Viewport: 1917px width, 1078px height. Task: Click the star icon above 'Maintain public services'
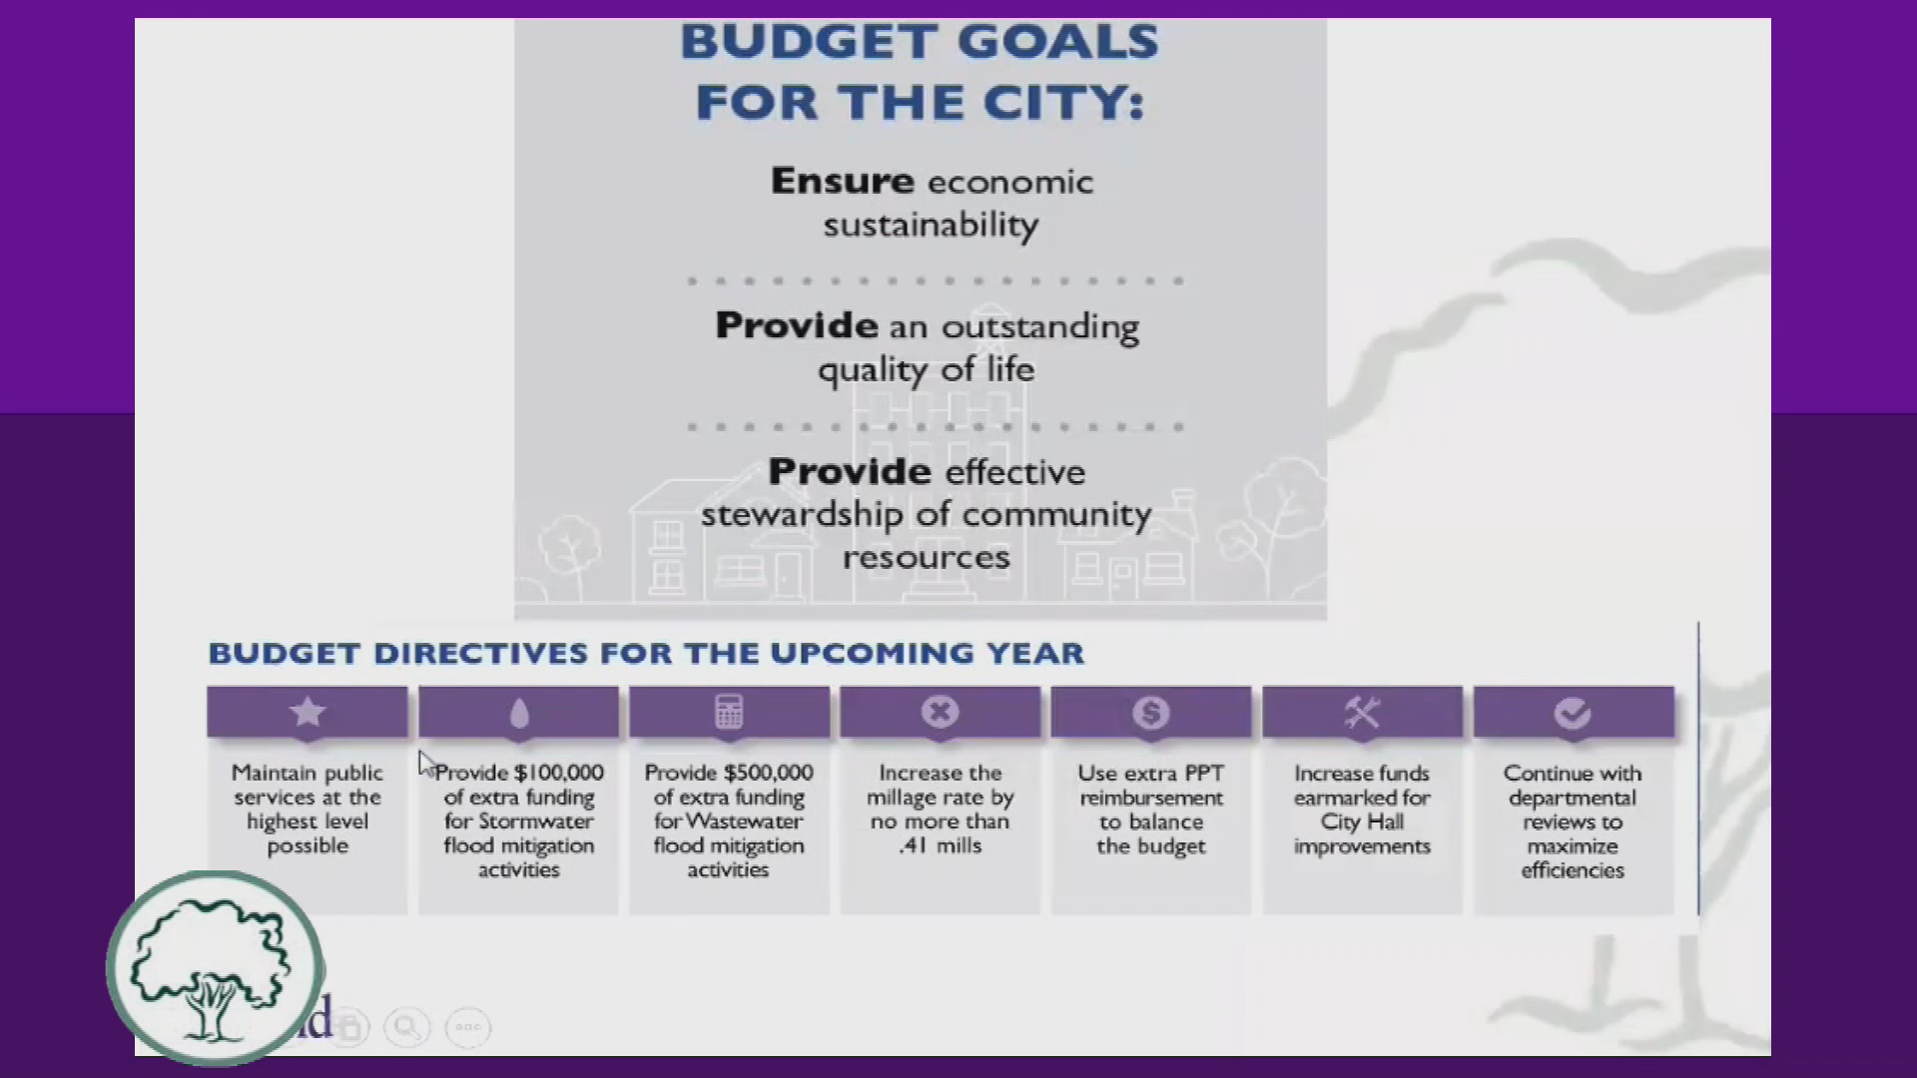[x=308, y=712]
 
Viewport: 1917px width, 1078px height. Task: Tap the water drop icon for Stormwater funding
[x=519, y=713]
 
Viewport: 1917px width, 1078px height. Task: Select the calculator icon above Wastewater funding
[x=729, y=712]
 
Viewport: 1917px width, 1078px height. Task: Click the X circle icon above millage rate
[x=940, y=712]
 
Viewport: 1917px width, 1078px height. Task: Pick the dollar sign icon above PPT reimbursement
[x=1151, y=713]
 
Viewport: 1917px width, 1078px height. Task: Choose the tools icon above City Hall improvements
[x=1362, y=713]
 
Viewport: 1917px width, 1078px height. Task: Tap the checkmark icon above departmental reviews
[x=1573, y=713]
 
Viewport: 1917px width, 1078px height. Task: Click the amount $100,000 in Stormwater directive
[x=559, y=773]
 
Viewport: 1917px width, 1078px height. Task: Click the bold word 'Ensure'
[x=842, y=181]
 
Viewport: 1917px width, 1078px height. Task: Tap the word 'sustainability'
[x=931, y=226]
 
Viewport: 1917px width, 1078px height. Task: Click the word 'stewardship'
[x=802, y=515]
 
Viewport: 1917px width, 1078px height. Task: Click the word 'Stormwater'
[x=535, y=821]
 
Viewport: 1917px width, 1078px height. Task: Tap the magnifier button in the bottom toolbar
[x=407, y=1026]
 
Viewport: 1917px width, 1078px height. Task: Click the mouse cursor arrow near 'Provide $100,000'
[x=426, y=765]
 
